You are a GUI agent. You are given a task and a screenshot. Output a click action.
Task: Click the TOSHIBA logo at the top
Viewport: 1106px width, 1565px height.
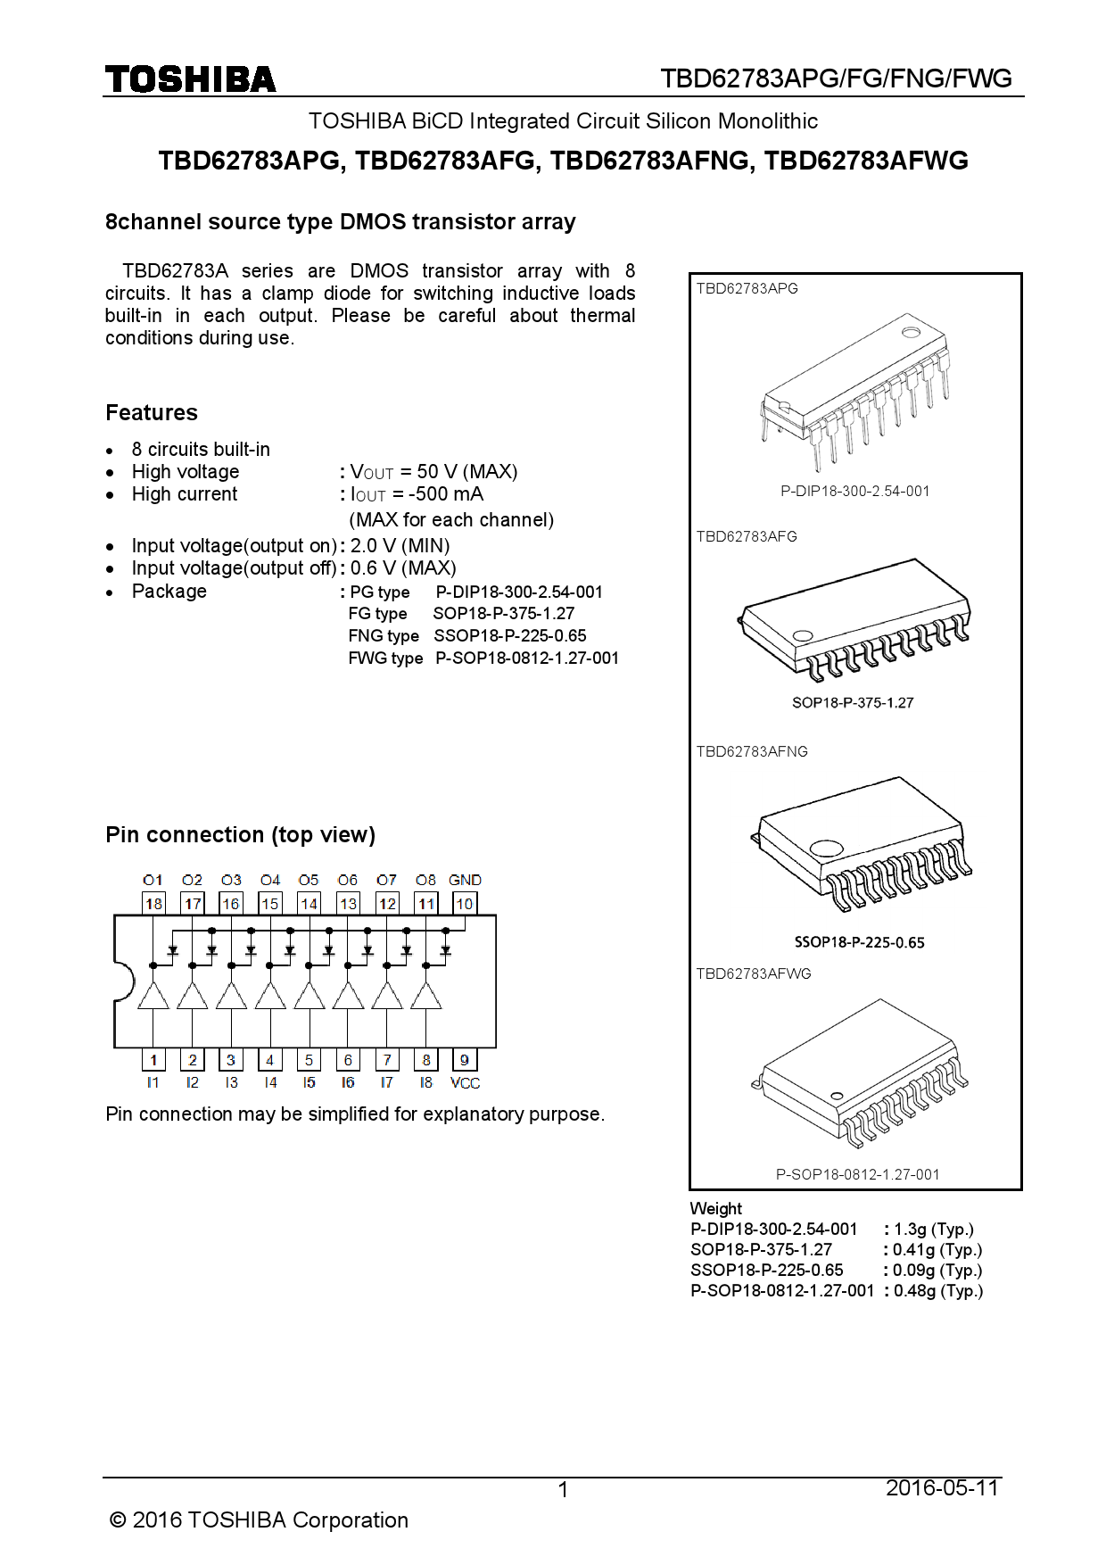point(190,80)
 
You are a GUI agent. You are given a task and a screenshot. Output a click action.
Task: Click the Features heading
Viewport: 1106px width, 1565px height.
point(152,412)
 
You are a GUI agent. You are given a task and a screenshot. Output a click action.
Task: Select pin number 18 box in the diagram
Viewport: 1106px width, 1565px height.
point(153,904)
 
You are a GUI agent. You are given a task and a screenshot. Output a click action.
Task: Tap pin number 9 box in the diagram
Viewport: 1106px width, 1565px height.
point(465,1060)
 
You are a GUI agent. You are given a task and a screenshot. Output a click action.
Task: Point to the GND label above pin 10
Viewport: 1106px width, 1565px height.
point(465,880)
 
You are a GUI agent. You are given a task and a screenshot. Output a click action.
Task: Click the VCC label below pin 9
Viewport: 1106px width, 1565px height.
point(465,1083)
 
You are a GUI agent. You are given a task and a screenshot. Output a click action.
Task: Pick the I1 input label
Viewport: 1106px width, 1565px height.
point(153,1082)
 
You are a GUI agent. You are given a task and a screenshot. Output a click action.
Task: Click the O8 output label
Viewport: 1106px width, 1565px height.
point(425,880)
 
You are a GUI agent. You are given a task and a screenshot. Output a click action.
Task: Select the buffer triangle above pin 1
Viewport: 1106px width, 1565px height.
point(153,997)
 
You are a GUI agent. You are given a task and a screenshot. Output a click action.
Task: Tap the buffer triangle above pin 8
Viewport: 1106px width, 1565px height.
point(426,997)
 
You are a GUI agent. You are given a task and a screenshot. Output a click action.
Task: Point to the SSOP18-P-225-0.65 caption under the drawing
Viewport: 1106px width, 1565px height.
point(859,942)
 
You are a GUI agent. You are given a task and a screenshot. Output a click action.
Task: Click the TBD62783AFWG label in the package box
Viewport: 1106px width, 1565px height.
point(754,973)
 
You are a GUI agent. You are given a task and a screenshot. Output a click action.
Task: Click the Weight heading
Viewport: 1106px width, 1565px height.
point(715,1208)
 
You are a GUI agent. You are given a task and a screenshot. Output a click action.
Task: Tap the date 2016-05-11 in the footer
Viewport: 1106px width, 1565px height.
point(942,1487)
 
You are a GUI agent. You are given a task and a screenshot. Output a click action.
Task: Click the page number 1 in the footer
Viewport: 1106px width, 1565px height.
point(563,1489)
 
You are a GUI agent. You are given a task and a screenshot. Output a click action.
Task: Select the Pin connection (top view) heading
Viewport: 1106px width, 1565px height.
point(240,834)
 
